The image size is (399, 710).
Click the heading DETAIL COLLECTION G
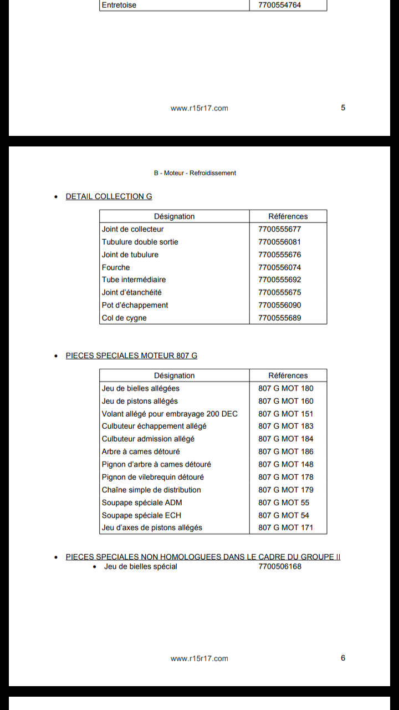tap(109, 196)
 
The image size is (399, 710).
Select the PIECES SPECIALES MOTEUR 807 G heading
tap(131, 356)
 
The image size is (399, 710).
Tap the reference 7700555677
tap(280, 229)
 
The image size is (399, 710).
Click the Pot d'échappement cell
tap(135, 305)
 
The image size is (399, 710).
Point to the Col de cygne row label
tap(124, 318)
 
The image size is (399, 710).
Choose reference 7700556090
tap(280, 305)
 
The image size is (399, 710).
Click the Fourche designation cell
tap(116, 267)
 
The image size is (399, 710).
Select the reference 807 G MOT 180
tap(285, 388)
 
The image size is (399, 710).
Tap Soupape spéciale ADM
tap(142, 503)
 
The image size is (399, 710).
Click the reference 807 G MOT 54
tap(284, 515)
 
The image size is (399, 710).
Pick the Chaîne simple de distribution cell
tap(151, 490)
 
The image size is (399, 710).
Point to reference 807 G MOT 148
tap(285, 464)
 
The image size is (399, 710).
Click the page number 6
tap(343, 658)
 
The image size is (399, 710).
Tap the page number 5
tap(343, 108)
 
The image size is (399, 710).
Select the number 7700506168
tap(280, 566)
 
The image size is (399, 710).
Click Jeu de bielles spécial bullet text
tap(141, 566)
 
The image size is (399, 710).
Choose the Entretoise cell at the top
tap(119, 5)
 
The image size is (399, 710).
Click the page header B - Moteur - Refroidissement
tap(195, 173)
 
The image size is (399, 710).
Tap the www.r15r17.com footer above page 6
tap(199, 658)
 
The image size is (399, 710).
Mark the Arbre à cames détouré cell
tap(141, 452)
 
